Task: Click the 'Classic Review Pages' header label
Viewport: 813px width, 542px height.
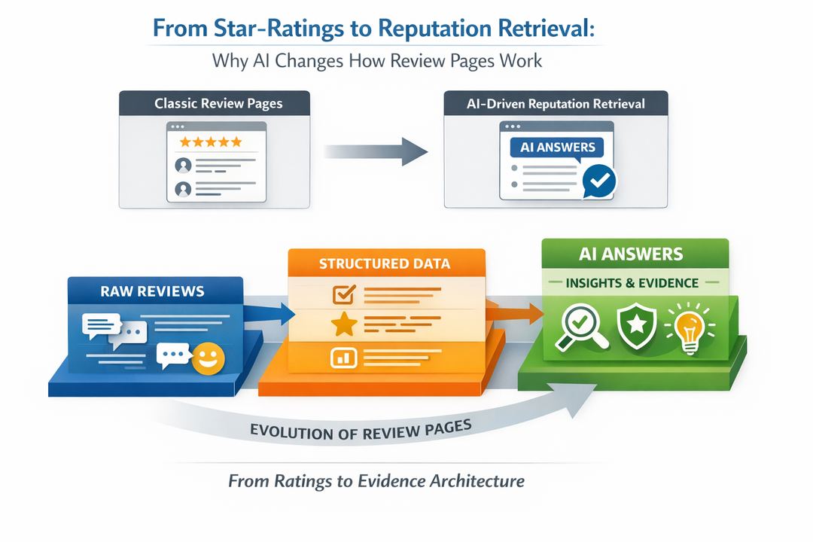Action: tap(218, 103)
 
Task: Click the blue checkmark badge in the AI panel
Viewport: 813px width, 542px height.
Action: tap(600, 181)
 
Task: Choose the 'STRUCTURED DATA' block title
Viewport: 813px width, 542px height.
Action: tap(384, 263)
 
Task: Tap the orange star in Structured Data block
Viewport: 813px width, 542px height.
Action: tap(344, 325)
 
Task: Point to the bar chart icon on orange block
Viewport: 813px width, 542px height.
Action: tap(342, 358)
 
